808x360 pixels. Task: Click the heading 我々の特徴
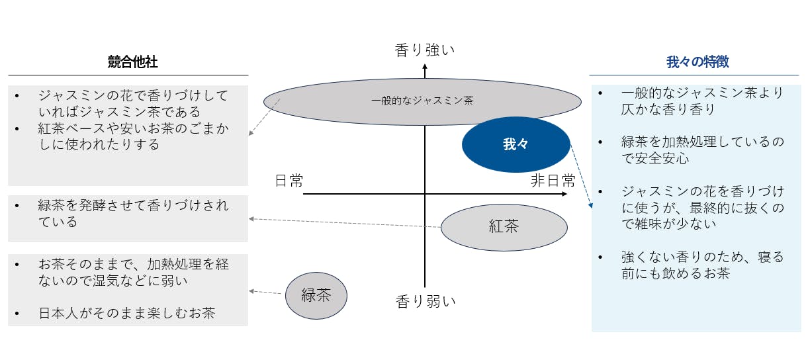point(697,62)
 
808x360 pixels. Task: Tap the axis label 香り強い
point(425,50)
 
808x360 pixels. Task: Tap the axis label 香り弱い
point(426,302)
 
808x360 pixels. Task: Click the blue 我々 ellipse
point(516,144)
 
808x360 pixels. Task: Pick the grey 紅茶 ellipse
point(504,227)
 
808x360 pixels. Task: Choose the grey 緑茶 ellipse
point(316,295)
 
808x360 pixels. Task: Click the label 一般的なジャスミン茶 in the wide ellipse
point(422,101)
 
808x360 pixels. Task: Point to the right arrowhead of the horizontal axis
point(563,194)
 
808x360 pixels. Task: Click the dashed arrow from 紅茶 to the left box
point(344,223)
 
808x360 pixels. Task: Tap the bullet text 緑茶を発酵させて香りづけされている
point(132,213)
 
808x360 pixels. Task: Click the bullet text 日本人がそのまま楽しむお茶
point(126,313)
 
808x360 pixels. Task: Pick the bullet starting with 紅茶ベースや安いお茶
point(126,136)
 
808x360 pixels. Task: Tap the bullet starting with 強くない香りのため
point(702,265)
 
